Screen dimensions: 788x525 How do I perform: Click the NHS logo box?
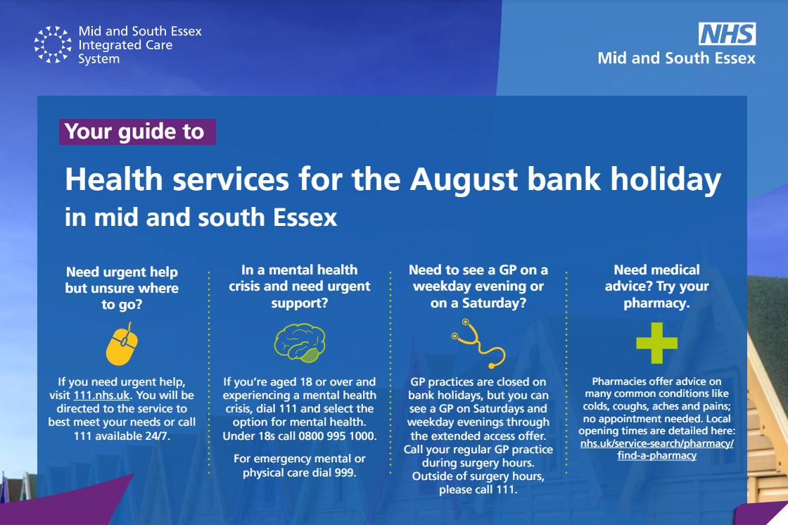coord(727,34)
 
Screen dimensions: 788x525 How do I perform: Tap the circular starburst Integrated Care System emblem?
coord(53,44)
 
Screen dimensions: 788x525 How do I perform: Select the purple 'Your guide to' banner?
coord(137,132)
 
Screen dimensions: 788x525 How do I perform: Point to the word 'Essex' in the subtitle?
coord(305,217)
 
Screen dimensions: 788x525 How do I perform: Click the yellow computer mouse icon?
coord(122,343)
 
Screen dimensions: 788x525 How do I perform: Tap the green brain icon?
coord(300,343)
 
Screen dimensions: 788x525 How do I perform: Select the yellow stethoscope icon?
coord(478,343)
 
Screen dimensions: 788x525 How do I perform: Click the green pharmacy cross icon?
coord(656,343)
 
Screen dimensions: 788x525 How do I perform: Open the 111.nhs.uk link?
coord(101,396)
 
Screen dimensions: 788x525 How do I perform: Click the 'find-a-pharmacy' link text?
coord(657,455)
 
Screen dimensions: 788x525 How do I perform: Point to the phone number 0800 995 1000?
coord(337,436)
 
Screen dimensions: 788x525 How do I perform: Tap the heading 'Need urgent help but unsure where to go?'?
coord(122,288)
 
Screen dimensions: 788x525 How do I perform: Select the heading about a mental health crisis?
coord(300,286)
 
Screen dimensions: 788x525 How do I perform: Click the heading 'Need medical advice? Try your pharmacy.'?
coord(656,286)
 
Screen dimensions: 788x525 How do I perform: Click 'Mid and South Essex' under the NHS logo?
coord(676,58)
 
